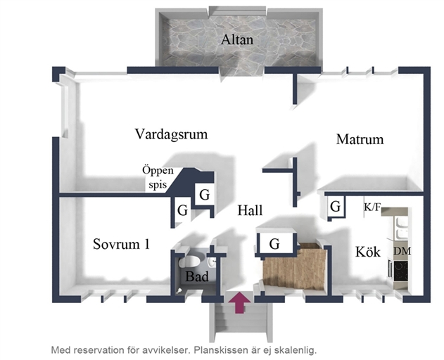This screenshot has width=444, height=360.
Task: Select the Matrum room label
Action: click(x=360, y=139)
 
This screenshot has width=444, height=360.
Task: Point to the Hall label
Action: click(x=250, y=210)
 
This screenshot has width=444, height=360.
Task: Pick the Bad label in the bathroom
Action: click(x=196, y=277)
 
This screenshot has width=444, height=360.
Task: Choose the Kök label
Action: click(x=367, y=252)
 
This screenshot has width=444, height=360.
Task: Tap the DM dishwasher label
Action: click(x=402, y=251)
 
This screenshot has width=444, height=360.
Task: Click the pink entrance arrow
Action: click(x=240, y=302)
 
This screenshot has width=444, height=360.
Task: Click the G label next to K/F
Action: click(x=336, y=207)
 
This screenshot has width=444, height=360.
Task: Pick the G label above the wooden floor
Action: click(x=274, y=245)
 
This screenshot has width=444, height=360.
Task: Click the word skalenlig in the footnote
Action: click(x=291, y=349)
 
